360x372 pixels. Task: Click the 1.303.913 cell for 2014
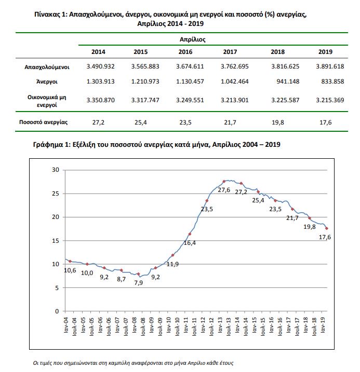coord(98,81)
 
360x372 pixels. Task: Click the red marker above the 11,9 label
coord(172,255)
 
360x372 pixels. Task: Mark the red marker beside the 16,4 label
coord(190,235)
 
